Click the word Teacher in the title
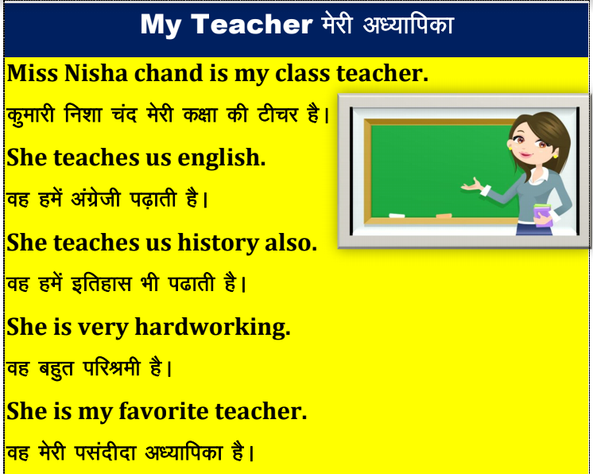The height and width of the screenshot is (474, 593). click(x=251, y=25)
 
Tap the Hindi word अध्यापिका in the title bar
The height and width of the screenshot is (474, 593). click(x=408, y=25)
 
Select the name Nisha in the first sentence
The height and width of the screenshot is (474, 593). click(x=95, y=73)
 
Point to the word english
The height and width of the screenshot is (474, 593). click(x=221, y=158)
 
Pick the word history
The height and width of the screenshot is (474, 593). click(x=218, y=243)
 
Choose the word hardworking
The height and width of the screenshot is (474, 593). click(x=212, y=328)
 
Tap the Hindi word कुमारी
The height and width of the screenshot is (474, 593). click(x=31, y=115)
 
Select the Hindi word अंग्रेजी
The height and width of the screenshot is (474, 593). click(x=95, y=198)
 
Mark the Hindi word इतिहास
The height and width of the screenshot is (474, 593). click(x=102, y=283)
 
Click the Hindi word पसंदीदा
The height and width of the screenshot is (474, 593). click(x=105, y=452)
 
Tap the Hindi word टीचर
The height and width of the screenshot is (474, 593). click(x=278, y=115)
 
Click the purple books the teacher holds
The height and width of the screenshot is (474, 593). click(x=543, y=215)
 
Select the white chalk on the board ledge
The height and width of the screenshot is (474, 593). click(x=397, y=216)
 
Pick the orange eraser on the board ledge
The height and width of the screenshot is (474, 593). click(x=444, y=216)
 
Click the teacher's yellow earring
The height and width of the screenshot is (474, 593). click(x=555, y=155)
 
